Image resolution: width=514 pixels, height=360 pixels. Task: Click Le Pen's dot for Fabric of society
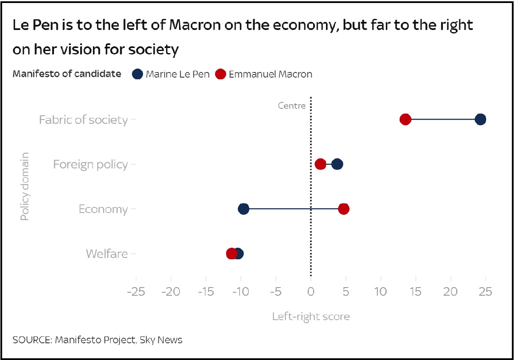(480, 120)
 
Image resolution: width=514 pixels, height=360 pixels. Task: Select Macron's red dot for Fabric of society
(405, 120)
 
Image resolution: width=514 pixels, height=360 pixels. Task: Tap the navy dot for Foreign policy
(337, 164)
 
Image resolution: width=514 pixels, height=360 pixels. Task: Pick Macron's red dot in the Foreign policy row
(320, 164)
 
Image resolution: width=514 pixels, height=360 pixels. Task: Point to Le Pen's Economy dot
(243, 209)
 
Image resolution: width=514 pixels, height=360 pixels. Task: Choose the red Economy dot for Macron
(344, 209)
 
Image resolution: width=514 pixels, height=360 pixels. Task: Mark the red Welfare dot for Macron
(231, 254)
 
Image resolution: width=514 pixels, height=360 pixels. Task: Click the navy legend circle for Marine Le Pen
(137, 74)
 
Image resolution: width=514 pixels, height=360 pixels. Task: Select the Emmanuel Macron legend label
(271, 74)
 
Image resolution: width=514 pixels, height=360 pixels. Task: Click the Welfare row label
(107, 254)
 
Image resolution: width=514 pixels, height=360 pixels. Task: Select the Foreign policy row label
(90, 165)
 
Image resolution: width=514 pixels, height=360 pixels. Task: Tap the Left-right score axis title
(311, 317)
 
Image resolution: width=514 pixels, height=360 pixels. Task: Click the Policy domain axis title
(25, 186)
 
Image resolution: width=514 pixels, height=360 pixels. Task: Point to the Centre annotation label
(292, 106)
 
